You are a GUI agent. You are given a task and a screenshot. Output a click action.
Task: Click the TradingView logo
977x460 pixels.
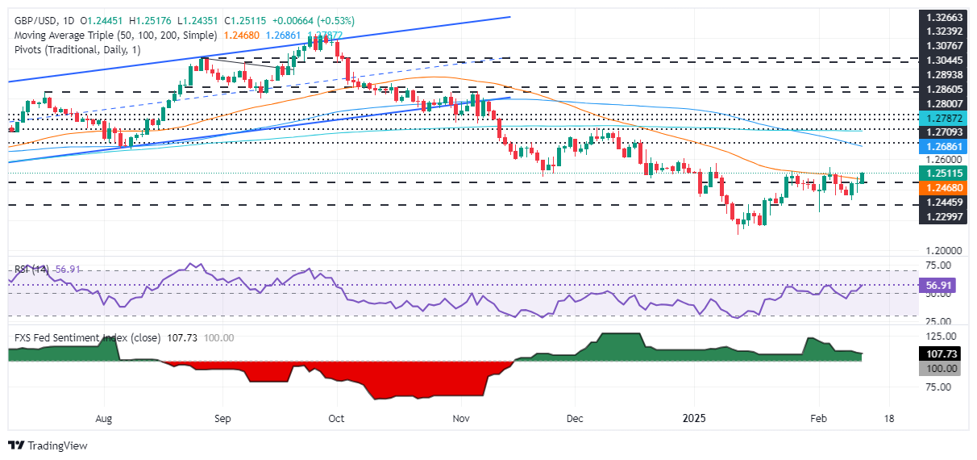point(48,445)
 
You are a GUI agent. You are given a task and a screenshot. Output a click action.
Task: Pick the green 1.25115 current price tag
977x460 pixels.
point(936,174)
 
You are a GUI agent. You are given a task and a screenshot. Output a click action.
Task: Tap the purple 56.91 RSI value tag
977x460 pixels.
point(936,285)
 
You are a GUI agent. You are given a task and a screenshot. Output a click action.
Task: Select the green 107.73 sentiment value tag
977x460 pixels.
point(936,353)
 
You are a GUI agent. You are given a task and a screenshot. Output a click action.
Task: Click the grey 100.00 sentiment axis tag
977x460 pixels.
point(936,367)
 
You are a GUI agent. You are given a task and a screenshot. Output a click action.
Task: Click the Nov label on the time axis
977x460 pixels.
point(459,419)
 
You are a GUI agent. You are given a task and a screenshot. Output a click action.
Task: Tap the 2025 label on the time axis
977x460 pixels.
point(694,419)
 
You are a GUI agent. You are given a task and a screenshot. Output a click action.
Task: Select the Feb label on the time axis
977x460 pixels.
point(818,419)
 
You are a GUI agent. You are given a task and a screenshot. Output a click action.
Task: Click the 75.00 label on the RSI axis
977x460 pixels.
point(936,265)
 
